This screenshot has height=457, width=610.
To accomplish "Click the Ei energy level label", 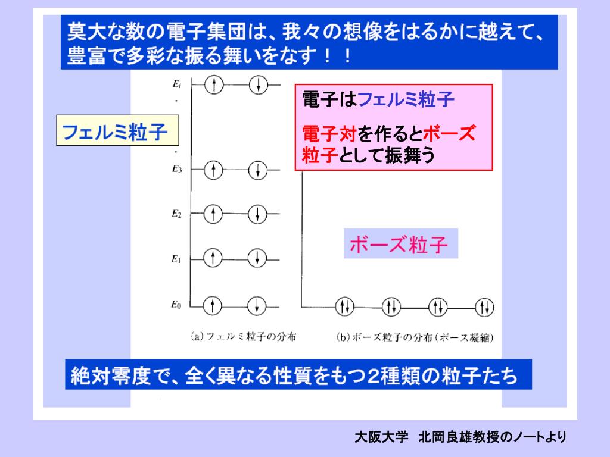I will tap(176, 84).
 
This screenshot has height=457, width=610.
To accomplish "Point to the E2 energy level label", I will tap(176, 213).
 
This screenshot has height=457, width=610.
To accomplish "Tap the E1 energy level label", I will tap(176, 258).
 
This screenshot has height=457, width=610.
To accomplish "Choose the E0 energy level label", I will tap(176, 305).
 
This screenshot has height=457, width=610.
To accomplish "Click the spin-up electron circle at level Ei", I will tap(213, 84).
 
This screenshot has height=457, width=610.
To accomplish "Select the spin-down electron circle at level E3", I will tap(257, 170).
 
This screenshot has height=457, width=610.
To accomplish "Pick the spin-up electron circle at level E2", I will tap(213, 213).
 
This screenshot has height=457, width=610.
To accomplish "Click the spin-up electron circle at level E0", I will tap(213, 305).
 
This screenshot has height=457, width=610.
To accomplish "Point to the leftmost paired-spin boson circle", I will tap(344, 307).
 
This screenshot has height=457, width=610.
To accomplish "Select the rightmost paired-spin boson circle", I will tap(484, 307).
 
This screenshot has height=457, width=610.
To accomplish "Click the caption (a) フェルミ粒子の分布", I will tap(244, 337).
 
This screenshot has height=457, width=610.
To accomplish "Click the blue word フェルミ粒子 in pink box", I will tap(406, 99).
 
